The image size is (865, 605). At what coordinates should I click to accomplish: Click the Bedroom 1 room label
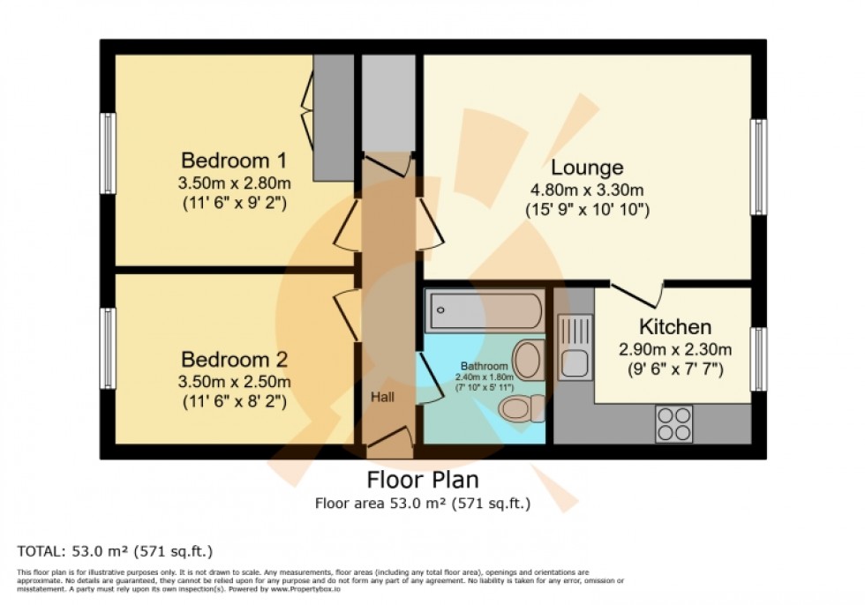(x=234, y=161)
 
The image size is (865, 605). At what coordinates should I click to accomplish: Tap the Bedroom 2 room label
(x=234, y=360)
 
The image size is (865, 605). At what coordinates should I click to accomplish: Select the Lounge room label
(x=587, y=168)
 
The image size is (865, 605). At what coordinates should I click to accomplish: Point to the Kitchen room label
(x=675, y=327)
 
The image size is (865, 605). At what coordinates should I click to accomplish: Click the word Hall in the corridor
(x=382, y=398)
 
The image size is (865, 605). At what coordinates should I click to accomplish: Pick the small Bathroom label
(x=484, y=366)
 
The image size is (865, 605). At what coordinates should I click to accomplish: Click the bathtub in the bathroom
(x=485, y=310)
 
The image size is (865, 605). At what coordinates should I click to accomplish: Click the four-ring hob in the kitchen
(x=675, y=423)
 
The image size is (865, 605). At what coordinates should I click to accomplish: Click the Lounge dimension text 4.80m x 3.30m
(x=587, y=190)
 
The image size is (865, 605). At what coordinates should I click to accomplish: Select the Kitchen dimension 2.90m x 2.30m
(x=675, y=349)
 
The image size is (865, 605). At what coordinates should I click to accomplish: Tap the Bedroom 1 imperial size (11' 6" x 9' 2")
(x=234, y=204)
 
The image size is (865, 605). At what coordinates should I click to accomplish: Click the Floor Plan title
(x=423, y=481)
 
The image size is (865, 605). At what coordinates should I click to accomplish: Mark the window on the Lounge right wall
(x=758, y=168)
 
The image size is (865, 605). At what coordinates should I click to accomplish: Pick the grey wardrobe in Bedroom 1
(x=334, y=115)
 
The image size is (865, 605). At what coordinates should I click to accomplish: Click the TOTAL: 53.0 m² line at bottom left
(x=116, y=552)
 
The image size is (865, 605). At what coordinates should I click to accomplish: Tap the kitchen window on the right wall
(x=758, y=359)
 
